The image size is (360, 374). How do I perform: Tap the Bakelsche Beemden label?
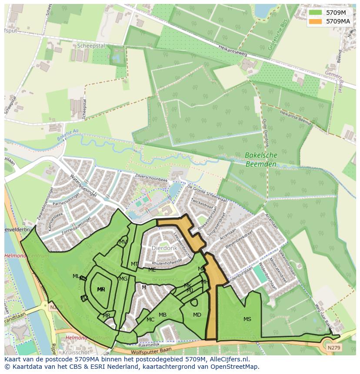tap(261, 159)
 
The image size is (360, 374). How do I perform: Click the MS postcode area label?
tap(247, 319)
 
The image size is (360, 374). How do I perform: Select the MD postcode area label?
tap(197, 315)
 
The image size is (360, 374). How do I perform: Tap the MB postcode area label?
tap(163, 315)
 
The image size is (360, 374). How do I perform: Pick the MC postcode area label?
tap(150, 320)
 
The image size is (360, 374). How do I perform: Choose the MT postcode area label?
tap(135, 264)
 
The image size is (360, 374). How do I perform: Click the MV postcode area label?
tap(123, 242)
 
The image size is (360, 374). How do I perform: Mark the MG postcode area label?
tap(123, 279)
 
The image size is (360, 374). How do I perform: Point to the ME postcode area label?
tap(152, 270)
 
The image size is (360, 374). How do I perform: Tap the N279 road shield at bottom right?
tap(333, 348)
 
